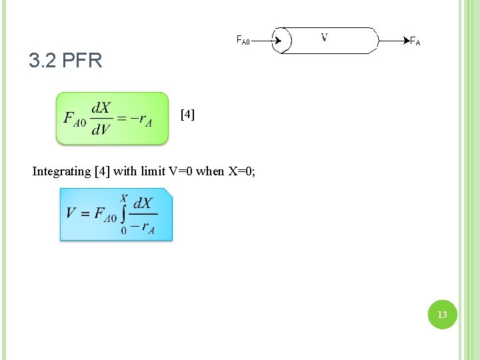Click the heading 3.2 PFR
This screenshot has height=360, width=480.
(65, 61)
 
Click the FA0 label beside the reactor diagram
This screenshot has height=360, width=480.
(243, 41)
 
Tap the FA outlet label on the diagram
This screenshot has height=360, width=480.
(415, 41)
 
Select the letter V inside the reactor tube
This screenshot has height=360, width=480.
(324, 37)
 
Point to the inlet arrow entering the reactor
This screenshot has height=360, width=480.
(271, 41)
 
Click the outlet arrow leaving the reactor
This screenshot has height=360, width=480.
(393, 41)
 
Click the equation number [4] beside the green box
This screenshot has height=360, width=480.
(188, 115)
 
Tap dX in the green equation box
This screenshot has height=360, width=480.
(101, 108)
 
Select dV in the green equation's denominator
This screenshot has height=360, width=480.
(101, 129)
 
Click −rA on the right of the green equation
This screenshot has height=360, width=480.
(141, 119)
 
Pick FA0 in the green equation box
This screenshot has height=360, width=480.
(75, 119)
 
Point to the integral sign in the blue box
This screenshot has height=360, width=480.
(124, 213)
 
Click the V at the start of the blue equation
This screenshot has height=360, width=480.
(71, 213)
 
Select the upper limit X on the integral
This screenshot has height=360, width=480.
(124, 198)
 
